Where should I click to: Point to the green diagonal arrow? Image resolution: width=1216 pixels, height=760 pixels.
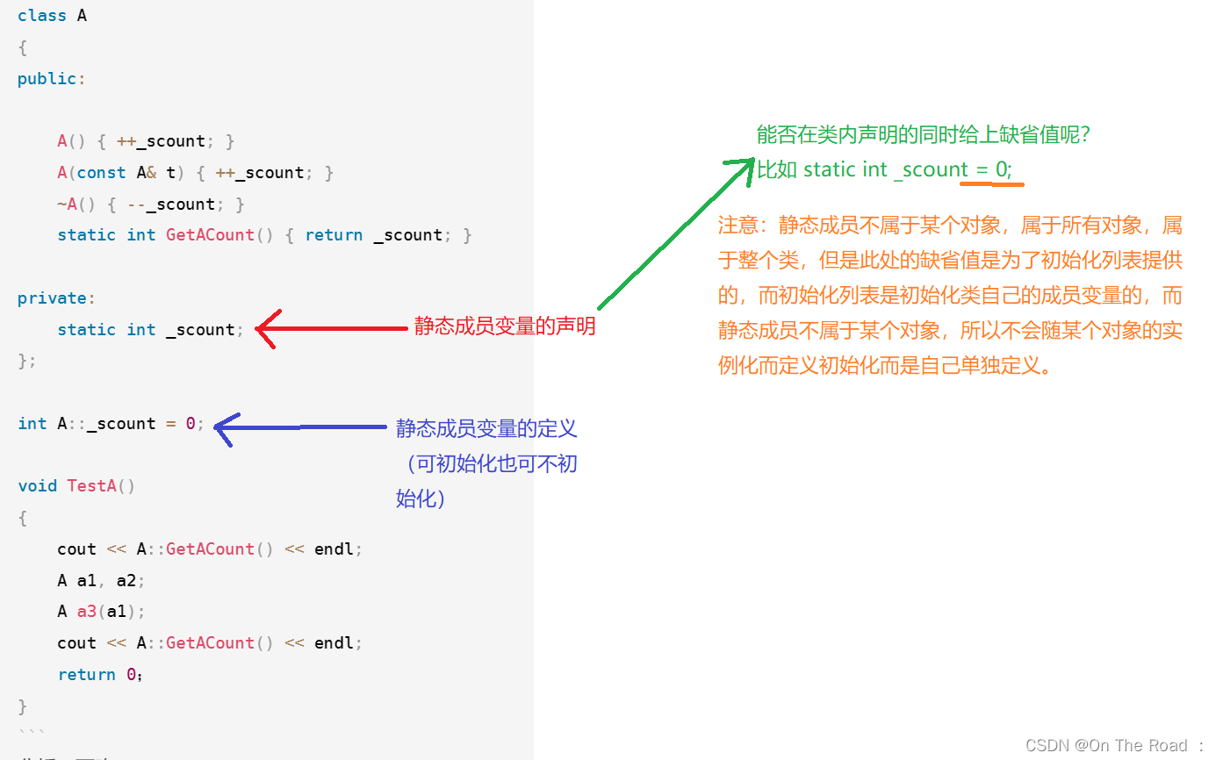pyautogui.click(x=676, y=233)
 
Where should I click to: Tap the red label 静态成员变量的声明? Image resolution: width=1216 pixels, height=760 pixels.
pyautogui.click(x=505, y=327)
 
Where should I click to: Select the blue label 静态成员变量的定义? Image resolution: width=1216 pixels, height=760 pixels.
pyautogui.click(x=486, y=429)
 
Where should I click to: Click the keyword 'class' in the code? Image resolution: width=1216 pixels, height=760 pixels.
pyautogui.click(x=41, y=16)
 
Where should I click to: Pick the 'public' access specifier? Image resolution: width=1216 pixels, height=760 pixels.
pyautogui.click(x=47, y=79)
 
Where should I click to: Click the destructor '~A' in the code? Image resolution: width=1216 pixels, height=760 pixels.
pyautogui.click(x=68, y=204)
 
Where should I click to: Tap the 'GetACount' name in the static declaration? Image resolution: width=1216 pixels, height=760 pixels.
pyautogui.click(x=210, y=235)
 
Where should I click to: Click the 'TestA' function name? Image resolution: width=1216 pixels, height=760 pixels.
pyautogui.click(x=91, y=486)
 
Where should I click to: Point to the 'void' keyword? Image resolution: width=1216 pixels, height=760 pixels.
pyautogui.click(x=37, y=486)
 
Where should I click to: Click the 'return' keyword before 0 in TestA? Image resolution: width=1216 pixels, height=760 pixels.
pyautogui.click(x=86, y=675)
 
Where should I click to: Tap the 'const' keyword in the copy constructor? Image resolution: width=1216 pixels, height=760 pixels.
pyautogui.click(x=101, y=173)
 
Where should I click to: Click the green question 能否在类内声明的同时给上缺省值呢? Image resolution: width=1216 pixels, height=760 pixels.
pyautogui.click(x=924, y=135)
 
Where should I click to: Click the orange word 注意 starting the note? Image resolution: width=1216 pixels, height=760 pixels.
pyautogui.click(x=738, y=226)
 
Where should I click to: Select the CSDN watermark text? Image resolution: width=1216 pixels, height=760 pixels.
pyautogui.click(x=1113, y=745)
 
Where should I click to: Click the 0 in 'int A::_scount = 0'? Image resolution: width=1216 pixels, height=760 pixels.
pyautogui.click(x=190, y=424)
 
